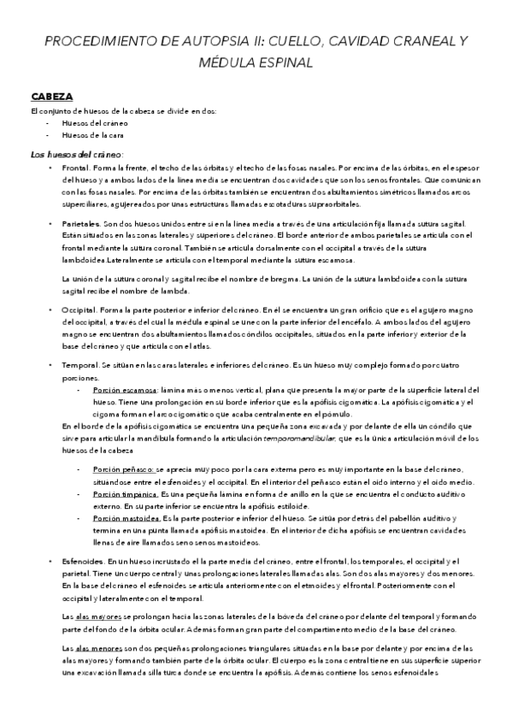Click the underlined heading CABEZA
52,97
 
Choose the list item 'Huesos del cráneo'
90,123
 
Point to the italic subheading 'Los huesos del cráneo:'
76,155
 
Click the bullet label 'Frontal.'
77,168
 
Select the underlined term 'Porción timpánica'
125,494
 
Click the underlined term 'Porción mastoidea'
126,518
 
